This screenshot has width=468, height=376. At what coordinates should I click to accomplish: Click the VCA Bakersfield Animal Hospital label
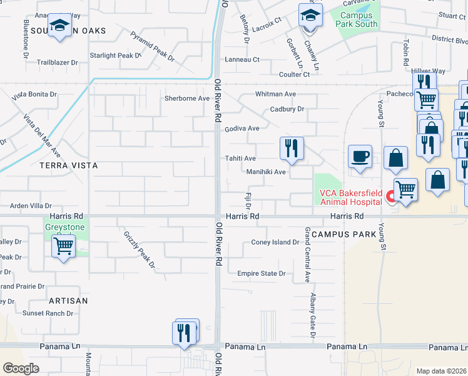(351, 197)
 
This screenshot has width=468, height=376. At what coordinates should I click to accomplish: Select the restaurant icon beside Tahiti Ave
(292, 149)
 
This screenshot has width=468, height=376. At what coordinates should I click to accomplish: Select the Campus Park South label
(357, 20)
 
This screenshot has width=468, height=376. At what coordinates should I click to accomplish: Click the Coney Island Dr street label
(275, 243)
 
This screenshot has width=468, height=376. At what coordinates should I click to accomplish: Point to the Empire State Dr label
(261, 273)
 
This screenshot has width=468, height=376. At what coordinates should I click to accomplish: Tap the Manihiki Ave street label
(266, 172)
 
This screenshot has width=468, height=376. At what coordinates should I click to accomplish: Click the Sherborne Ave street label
(186, 98)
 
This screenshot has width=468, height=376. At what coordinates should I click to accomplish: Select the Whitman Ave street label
(275, 94)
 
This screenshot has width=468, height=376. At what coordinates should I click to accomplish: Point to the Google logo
(21, 368)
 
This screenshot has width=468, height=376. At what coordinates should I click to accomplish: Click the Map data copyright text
(442, 371)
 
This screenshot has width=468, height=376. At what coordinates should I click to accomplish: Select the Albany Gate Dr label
(312, 319)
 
